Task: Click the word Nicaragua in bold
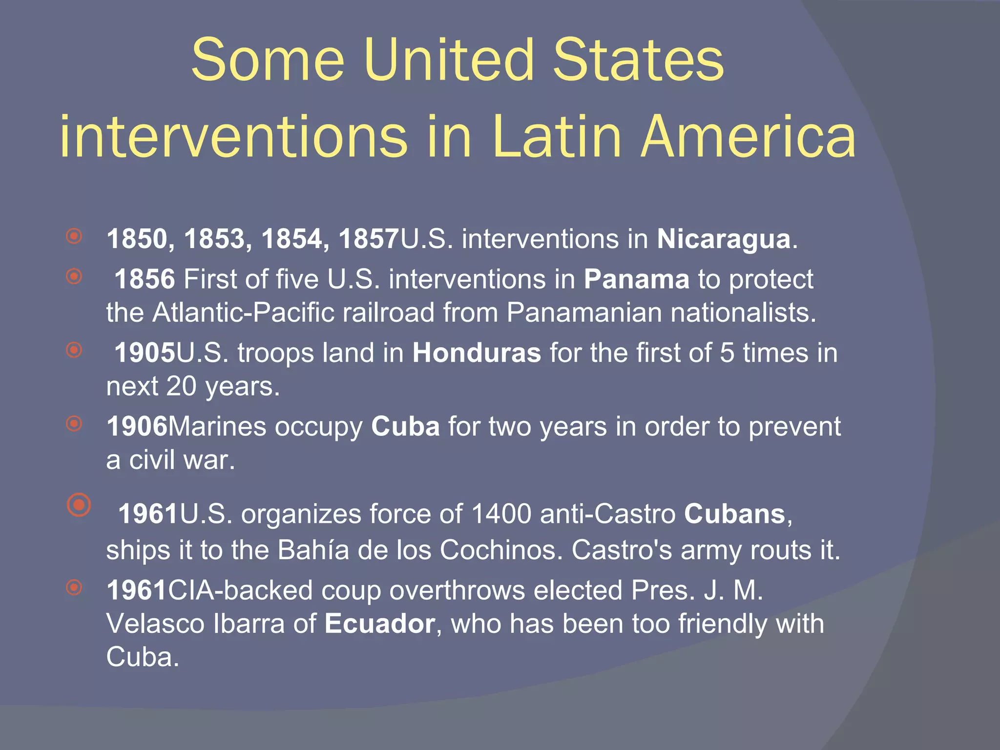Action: pyautogui.click(x=723, y=239)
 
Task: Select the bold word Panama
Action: pyautogui.click(x=636, y=279)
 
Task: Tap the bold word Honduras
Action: pyautogui.click(x=477, y=353)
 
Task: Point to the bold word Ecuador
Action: pyautogui.click(x=380, y=624)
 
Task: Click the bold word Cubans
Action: pyautogui.click(x=734, y=514)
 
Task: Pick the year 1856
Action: pyautogui.click(x=145, y=279)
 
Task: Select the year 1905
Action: pyautogui.click(x=145, y=353)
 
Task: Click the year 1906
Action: pyautogui.click(x=137, y=427)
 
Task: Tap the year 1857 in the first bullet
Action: pyautogui.click(x=369, y=239)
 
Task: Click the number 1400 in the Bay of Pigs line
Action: pyautogui.click(x=501, y=514)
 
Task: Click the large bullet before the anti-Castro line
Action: pyautogui.click(x=79, y=504)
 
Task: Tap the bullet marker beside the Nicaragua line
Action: pyautogui.click(x=74, y=237)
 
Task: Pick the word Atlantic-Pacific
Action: pyautogui.click(x=243, y=312)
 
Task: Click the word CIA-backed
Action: pyautogui.click(x=240, y=590)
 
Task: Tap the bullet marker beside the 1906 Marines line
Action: pyautogui.click(x=74, y=423)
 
